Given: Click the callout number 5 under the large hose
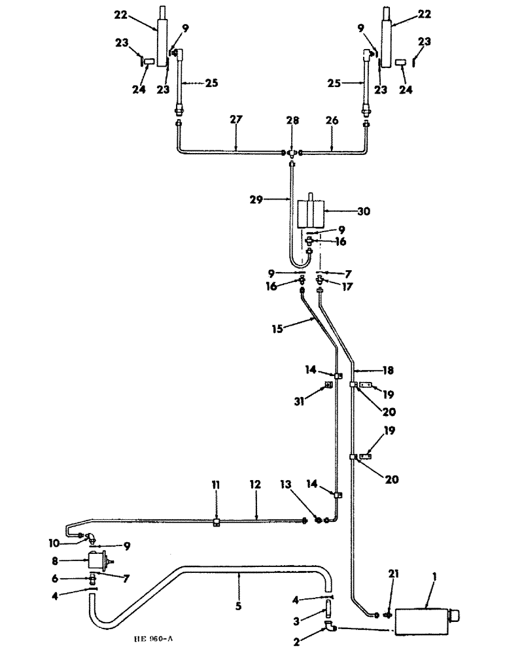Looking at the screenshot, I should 238,607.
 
